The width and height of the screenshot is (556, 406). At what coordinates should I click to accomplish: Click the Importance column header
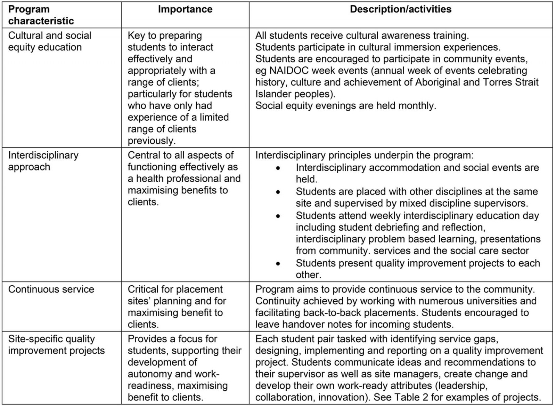[185, 9]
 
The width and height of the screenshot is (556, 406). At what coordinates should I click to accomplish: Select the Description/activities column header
[400, 9]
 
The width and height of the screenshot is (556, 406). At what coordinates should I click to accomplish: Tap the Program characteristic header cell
[41, 15]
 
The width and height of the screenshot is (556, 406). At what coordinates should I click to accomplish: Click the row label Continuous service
[51, 289]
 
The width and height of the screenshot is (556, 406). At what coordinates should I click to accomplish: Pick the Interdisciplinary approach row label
[43, 161]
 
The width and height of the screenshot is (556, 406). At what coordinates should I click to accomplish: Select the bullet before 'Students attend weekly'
[278, 216]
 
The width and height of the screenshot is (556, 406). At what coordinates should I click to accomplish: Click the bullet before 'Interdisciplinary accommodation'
[278, 168]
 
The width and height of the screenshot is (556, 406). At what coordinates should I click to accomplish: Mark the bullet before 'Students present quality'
[278, 264]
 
